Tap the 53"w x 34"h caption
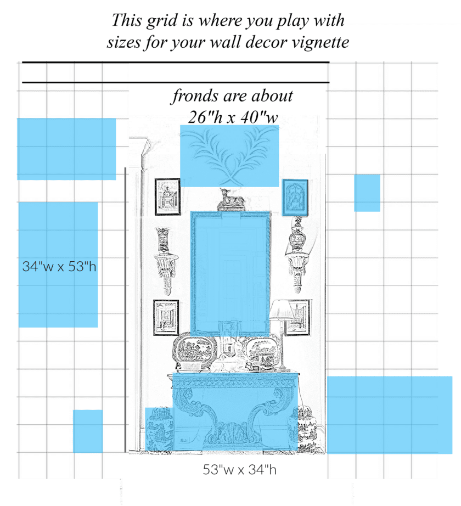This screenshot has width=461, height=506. (x=238, y=470)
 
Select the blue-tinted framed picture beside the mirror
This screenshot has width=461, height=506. (x=295, y=198)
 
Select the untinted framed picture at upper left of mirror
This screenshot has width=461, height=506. (x=167, y=196)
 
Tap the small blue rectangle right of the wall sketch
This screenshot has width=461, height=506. (x=367, y=193)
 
